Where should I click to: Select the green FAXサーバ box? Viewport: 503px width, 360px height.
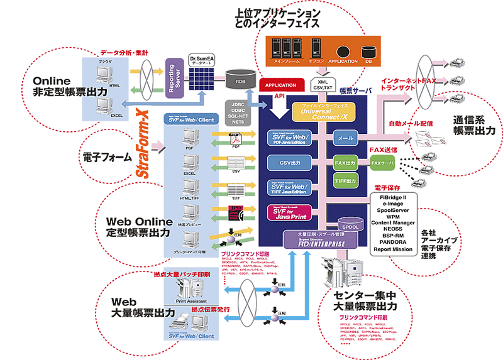[383, 163]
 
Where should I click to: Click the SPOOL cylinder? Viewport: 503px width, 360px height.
[349, 223]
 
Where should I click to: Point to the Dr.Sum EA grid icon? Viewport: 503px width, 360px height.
[202, 79]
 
